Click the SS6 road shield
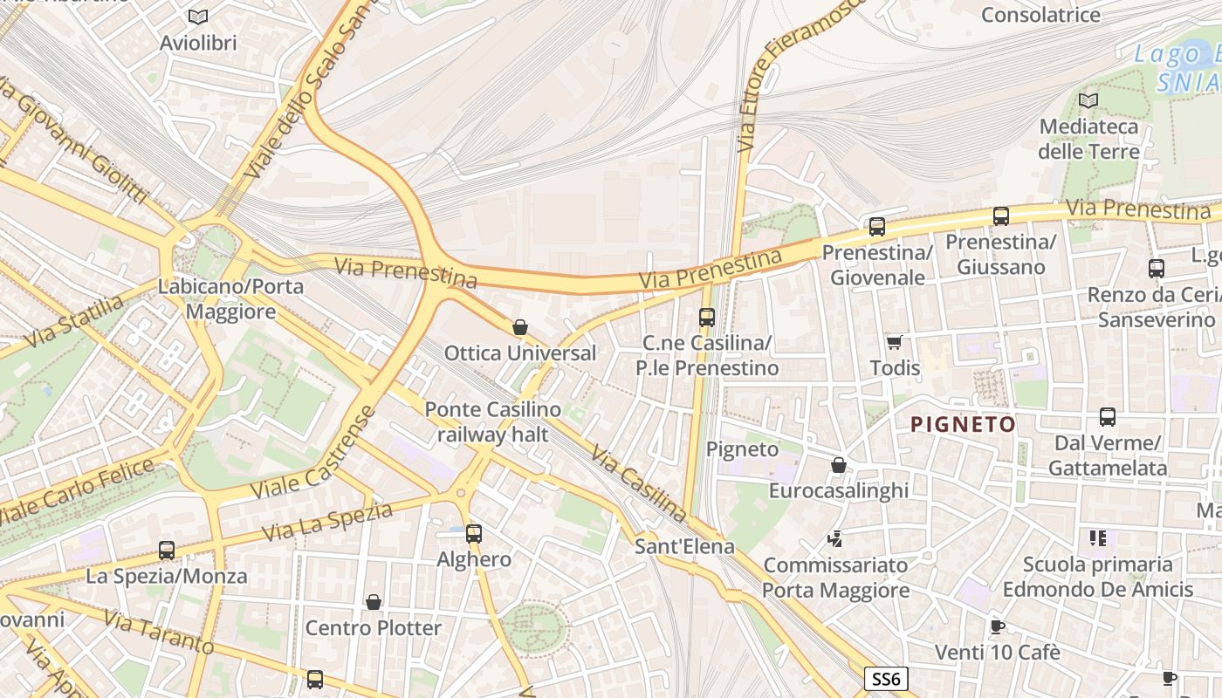tap(887, 679)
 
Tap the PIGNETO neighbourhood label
tap(963, 425)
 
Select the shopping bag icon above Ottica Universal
tap(520, 327)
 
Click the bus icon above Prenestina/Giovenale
tap(877, 227)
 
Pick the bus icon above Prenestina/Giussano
tap(1001, 216)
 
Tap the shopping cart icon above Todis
tap(894, 342)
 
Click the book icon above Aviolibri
tap(198, 17)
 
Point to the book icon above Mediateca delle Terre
tap(1088, 101)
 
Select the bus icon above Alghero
tap(474, 533)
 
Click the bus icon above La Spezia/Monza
tap(167, 551)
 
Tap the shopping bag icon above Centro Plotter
tap(374, 602)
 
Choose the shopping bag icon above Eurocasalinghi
tap(839, 465)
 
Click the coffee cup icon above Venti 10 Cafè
tap(998, 626)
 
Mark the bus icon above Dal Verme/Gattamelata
tap(1108, 417)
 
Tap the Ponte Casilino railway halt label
tap(492, 421)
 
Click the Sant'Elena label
tap(684, 547)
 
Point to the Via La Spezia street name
tap(327, 521)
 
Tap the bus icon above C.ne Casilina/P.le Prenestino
tap(707, 318)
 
